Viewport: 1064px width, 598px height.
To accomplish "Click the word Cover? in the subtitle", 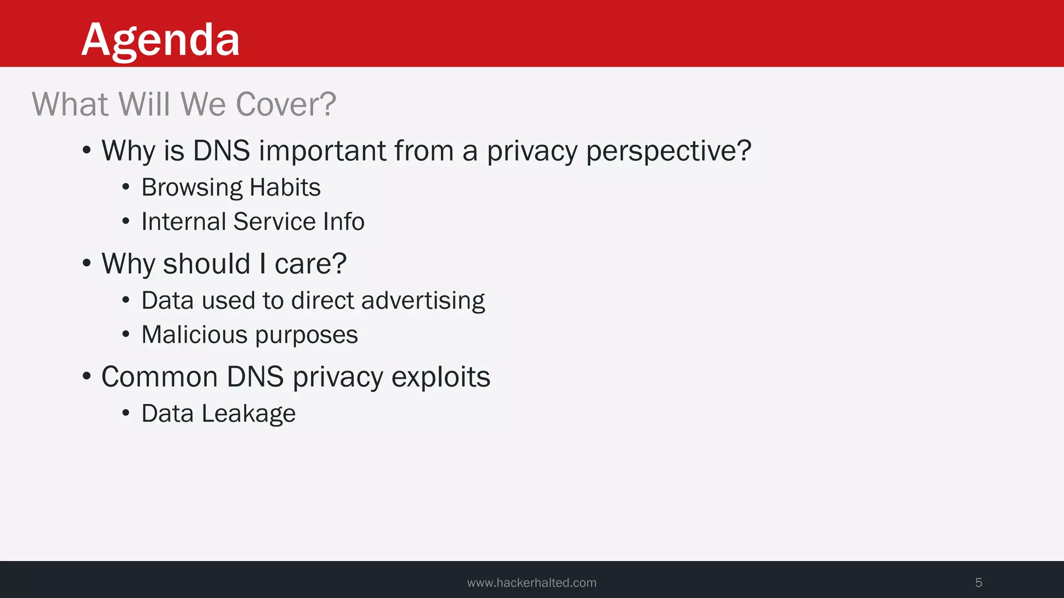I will [x=286, y=104].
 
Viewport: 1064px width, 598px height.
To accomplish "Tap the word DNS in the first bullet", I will [x=221, y=151].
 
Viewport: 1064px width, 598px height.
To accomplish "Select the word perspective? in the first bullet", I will [x=669, y=152].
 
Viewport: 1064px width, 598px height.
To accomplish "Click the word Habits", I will [x=285, y=187].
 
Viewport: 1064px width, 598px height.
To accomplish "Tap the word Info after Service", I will [x=343, y=222].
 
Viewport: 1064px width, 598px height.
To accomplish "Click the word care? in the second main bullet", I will [x=310, y=264].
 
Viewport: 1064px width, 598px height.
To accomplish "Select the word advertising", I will [x=423, y=301].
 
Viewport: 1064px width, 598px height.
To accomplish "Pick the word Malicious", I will [x=194, y=334].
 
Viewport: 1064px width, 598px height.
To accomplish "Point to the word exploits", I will [x=441, y=377].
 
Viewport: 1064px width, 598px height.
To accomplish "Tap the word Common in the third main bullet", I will [x=159, y=377].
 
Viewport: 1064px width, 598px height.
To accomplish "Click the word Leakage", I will [x=248, y=414].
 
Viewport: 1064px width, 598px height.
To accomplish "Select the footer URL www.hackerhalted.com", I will [x=531, y=583].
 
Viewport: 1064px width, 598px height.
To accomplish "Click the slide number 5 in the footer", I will [x=978, y=583].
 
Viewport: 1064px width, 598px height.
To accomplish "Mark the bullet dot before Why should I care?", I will [x=87, y=263].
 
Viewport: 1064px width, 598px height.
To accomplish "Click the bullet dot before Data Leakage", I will [x=126, y=414].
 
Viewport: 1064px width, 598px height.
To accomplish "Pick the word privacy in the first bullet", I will [x=532, y=152].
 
